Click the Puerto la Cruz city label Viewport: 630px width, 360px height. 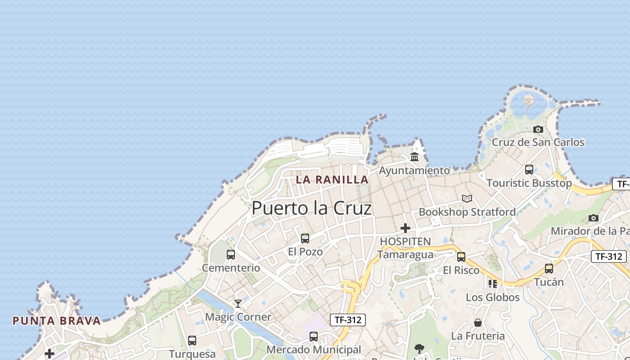pyautogui.click(x=311, y=208)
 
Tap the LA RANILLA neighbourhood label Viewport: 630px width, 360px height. pyautogui.click(x=332, y=180)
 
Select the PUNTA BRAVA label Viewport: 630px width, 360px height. pyautogui.click(x=57, y=321)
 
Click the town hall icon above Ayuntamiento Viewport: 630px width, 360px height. pyautogui.click(x=414, y=157)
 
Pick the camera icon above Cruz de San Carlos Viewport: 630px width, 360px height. pyautogui.click(x=538, y=130)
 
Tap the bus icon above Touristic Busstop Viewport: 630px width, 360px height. pyautogui.click(x=529, y=170)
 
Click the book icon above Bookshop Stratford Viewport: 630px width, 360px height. pyautogui.click(x=467, y=198)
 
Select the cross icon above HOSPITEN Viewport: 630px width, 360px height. pyautogui.click(x=405, y=228)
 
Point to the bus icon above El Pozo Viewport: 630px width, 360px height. pyautogui.click(x=305, y=238)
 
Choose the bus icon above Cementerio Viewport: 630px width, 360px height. pyautogui.click(x=231, y=255)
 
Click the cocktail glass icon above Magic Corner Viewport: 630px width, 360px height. pyautogui.click(x=238, y=304)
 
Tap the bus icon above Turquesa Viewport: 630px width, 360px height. pyautogui.click(x=192, y=341)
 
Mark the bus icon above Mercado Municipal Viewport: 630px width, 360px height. pyautogui.click(x=314, y=337)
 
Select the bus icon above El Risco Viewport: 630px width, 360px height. pyautogui.click(x=461, y=257)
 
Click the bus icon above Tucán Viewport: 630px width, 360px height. pyautogui.click(x=549, y=269)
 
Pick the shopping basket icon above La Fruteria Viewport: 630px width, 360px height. pyautogui.click(x=478, y=323)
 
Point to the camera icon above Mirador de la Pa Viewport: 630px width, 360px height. pyautogui.click(x=594, y=218)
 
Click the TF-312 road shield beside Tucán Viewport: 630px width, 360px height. pyautogui.click(x=608, y=256)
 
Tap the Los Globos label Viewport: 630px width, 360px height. pyautogui.click(x=492, y=297)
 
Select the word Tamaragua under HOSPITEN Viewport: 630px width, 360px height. pyautogui.click(x=405, y=255)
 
